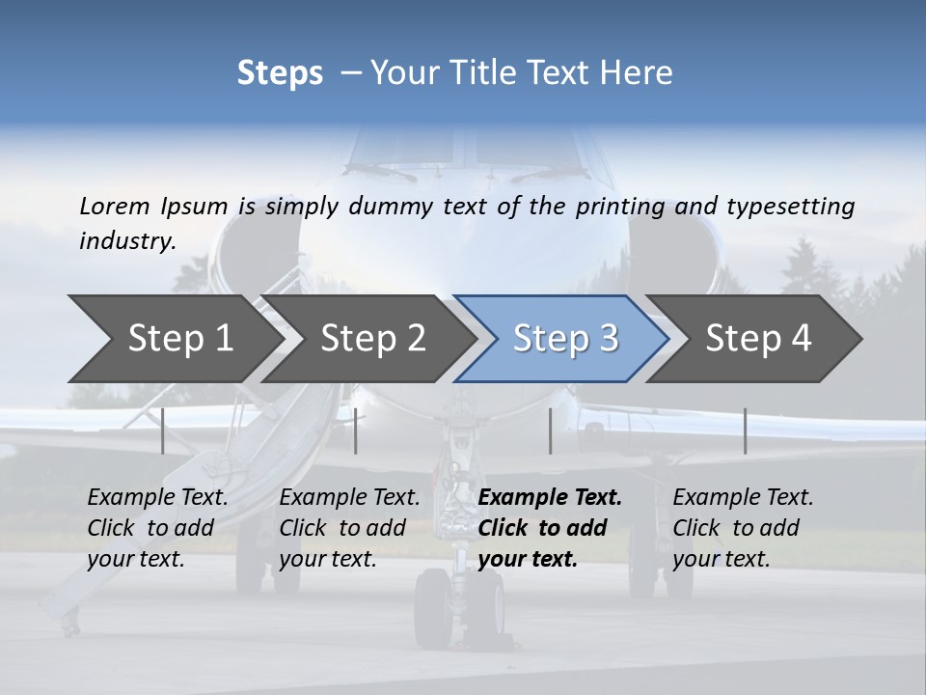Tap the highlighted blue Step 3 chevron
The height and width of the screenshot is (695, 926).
point(564,339)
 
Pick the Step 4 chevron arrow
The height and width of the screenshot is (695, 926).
point(757,339)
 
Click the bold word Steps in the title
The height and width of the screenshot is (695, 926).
point(280,73)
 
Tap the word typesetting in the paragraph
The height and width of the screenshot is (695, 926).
point(790,206)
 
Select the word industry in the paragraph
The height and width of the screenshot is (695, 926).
point(126,240)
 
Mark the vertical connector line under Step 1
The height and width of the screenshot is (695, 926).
point(163,431)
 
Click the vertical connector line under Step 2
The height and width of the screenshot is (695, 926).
point(356,431)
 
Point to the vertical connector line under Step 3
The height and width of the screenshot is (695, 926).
point(550,431)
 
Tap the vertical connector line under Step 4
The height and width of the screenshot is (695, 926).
point(746,431)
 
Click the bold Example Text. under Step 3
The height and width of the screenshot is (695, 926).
point(550,497)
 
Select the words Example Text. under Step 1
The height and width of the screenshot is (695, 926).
point(157,497)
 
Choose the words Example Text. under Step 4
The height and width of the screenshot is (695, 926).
point(743,497)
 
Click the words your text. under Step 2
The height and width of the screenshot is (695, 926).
point(328,559)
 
